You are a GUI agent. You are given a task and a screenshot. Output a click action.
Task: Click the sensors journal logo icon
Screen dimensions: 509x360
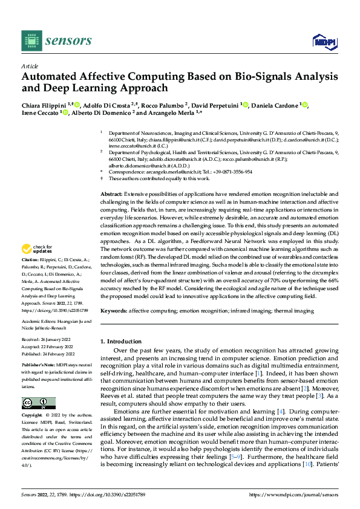point(30,41)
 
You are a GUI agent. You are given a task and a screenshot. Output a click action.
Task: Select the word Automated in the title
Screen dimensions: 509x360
point(51,77)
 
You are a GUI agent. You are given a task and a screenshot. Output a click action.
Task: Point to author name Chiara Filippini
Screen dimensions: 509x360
point(45,105)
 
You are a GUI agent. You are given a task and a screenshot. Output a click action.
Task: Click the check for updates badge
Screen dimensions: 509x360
point(38,248)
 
